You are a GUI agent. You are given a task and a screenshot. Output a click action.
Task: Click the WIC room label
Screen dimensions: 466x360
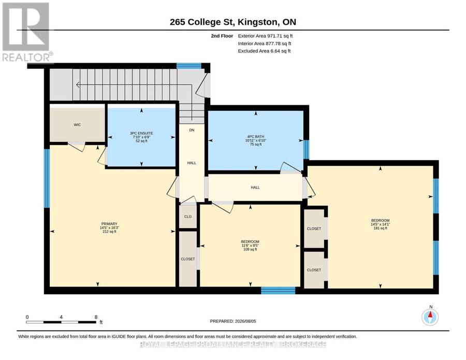click(x=77, y=125)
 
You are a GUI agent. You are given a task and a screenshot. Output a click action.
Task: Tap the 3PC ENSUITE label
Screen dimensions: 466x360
click(x=141, y=134)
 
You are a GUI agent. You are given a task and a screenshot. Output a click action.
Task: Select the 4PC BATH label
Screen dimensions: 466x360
click(x=256, y=137)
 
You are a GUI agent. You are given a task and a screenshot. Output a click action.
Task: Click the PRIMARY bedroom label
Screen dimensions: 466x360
click(x=109, y=224)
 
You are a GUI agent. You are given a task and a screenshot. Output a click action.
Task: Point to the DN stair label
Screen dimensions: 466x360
click(x=192, y=130)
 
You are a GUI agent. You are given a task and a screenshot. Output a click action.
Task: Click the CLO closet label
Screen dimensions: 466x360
click(x=188, y=217)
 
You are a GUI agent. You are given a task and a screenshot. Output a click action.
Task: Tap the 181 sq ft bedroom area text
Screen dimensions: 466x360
click(x=381, y=228)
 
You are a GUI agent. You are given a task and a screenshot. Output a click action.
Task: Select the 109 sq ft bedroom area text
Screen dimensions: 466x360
click(x=250, y=250)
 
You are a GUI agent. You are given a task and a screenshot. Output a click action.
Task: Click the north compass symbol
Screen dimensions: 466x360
click(x=430, y=318)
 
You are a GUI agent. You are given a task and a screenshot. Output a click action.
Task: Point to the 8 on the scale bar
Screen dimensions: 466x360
click(x=96, y=317)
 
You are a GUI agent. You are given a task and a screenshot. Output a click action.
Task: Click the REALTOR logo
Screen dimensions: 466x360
click(x=27, y=32)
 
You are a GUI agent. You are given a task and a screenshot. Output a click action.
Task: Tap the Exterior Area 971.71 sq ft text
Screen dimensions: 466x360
click(x=265, y=36)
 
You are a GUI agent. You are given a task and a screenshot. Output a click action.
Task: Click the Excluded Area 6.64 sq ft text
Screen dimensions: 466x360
click(x=264, y=51)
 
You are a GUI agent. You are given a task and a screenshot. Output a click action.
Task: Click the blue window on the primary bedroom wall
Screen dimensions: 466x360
click(x=47, y=178)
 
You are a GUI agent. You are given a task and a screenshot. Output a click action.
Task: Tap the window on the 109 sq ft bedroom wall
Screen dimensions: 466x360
click(x=278, y=290)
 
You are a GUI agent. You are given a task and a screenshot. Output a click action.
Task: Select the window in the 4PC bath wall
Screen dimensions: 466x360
click(x=306, y=150)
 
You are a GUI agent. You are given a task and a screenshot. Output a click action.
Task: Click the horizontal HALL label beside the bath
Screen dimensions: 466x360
click(x=255, y=188)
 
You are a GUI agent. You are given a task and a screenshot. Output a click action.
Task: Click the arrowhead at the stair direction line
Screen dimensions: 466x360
click(x=78, y=85)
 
